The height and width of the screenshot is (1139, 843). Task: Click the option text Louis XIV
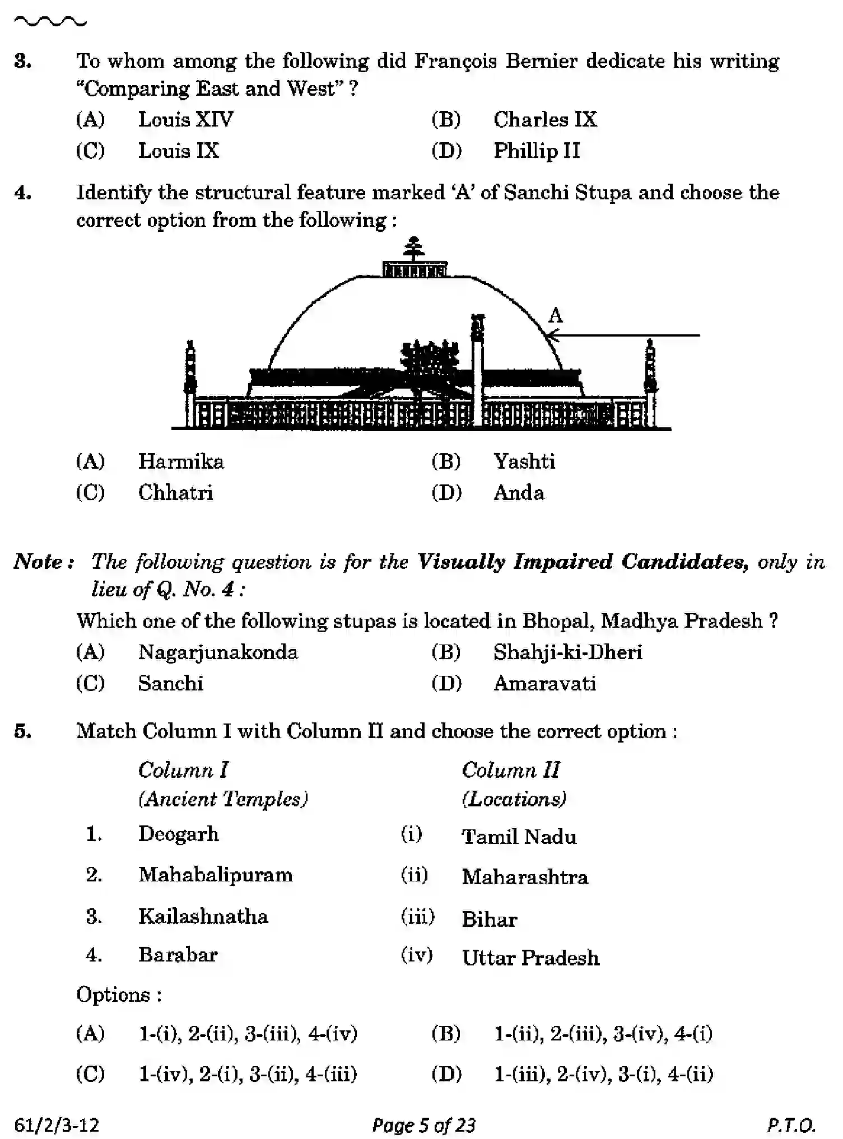[185, 119]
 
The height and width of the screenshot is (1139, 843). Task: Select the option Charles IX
[545, 119]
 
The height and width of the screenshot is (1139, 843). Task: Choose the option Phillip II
[536, 151]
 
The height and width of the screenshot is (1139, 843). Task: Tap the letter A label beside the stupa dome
[555, 316]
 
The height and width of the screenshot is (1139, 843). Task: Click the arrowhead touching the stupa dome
[551, 336]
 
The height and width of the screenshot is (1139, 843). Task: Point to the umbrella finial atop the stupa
[414, 249]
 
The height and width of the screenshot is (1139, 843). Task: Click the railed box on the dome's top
[414, 269]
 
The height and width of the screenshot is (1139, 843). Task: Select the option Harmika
[181, 461]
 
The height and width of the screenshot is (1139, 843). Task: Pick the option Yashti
[524, 461]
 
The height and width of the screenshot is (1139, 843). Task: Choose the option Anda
[519, 493]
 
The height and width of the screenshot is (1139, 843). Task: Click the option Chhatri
[175, 493]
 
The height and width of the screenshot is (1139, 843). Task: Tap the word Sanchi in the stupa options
[170, 683]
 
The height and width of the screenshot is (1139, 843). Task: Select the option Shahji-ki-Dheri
[567, 652]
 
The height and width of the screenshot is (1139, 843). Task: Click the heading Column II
[510, 770]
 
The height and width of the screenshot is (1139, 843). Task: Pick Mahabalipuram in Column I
[216, 875]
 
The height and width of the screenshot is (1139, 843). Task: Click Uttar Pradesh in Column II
[530, 958]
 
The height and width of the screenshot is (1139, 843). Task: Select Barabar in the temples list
[178, 954]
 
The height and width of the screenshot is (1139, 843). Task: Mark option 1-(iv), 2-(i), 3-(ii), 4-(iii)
[248, 1074]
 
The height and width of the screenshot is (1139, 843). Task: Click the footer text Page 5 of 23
[423, 1125]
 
